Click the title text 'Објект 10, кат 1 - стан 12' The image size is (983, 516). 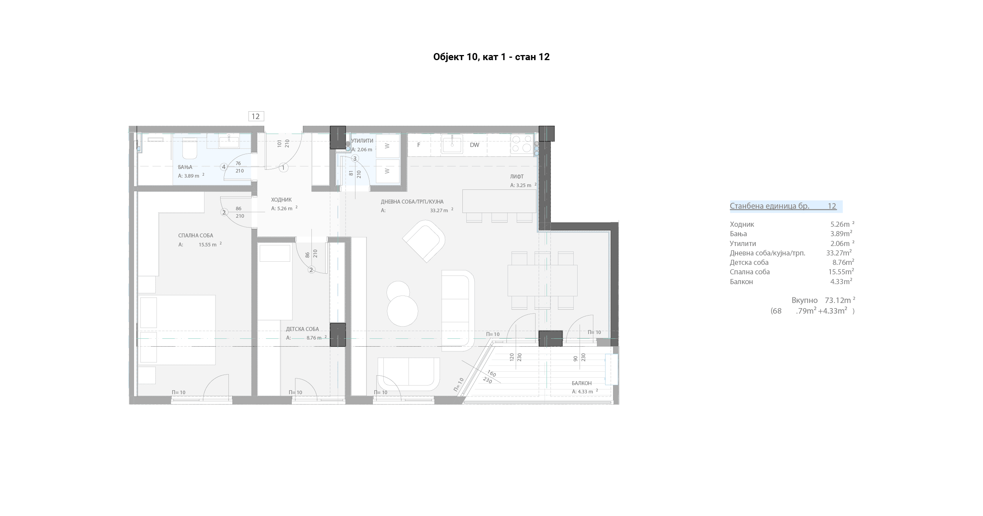click(x=491, y=57)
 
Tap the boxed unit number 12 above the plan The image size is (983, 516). click(x=256, y=116)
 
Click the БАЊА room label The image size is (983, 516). click(x=185, y=167)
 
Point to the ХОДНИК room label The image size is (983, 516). click(x=281, y=200)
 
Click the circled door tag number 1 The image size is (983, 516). click(x=283, y=168)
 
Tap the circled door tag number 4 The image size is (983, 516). click(x=224, y=167)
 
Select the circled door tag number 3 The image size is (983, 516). click(x=355, y=158)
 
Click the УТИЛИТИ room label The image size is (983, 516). click(x=362, y=141)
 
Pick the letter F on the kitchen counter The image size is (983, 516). click(x=419, y=145)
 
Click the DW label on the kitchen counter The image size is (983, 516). click(x=475, y=145)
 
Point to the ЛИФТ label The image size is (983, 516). click(x=517, y=177)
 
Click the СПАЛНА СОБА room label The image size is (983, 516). click(x=195, y=235)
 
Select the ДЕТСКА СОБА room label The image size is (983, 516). click(x=302, y=329)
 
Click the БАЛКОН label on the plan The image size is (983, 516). click(x=582, y=383)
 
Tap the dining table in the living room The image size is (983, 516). click(x=542, y=280)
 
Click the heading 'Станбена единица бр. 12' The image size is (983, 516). click(x=783, y=206)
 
